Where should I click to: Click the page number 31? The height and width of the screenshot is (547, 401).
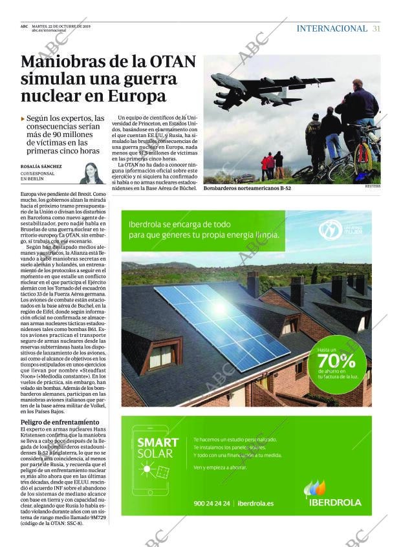pyautogui.click(x=376, y=28)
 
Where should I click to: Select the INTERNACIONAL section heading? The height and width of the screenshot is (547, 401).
pyautogui.click(x=332, y=28)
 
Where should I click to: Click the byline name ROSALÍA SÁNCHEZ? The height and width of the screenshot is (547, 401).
pyautogui.click(x=41, y=166)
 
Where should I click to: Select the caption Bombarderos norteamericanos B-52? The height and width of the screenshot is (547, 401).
pyautogui.click(x=242, y=188)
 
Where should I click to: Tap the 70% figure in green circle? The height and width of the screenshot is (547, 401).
pyautogui.click(x=337, y=360)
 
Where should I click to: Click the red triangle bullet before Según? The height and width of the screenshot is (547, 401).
pyautogui.click(x=23, y=119)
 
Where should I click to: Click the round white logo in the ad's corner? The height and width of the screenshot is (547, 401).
pyautogui.click(x=331, y=230)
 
